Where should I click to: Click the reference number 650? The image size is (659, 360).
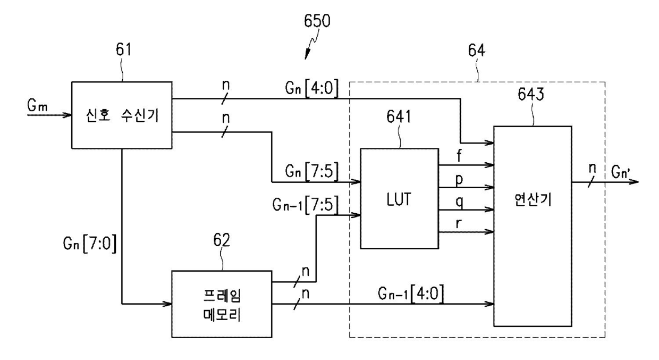[x=317, y=21]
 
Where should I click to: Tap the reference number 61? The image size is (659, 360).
[x=123, y=49]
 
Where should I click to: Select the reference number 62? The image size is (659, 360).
[x=222, y=240]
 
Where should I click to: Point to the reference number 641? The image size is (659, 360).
[x=399, y=116]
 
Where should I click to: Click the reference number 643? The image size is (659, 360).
[x=531, y=95]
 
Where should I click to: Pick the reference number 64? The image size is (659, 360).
[x=476, y=51]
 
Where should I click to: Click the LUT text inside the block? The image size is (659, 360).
[x=399, y=199]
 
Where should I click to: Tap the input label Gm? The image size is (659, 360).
[x=37, y=105]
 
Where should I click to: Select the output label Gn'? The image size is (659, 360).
[x=620, y=172]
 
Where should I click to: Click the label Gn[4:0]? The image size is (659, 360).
[x=311, y=88]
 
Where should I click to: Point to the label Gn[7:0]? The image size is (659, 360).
[x=90, y=243]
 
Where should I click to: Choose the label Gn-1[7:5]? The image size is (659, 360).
[x=306, y=204]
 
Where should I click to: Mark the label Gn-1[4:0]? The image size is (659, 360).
[x=411, y=294]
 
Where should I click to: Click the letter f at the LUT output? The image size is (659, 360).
[x=459, y=155]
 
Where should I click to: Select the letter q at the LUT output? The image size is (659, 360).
[x=459, y=202]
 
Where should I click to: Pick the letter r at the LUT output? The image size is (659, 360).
[x=458, y=224]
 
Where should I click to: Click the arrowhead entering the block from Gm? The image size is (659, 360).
[x=67, y=115]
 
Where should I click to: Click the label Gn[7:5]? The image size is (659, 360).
[x=311, y=171]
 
